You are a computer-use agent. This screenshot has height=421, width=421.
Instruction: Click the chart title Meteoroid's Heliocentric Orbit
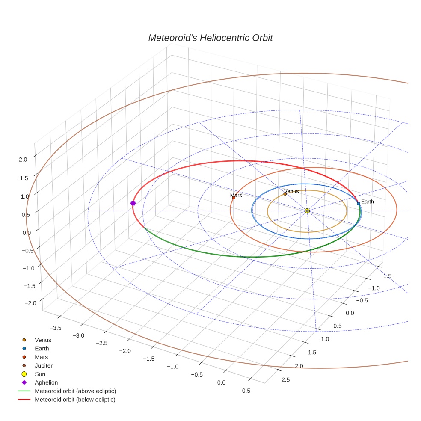[210, 38]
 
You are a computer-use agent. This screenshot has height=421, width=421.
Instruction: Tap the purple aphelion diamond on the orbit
[133, 203]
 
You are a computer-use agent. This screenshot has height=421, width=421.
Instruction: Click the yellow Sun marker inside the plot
[307, 210]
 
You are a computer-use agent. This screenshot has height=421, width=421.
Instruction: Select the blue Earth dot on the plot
[359, 204]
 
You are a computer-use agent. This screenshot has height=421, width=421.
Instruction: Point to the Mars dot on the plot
[234, 198]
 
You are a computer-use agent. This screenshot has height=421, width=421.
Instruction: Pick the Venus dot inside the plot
[285, 194]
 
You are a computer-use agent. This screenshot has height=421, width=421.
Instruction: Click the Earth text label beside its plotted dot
[367, 202]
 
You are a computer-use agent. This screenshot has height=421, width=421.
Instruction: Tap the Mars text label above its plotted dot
[236, 196]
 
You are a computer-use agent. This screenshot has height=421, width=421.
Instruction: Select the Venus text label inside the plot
[291, 191]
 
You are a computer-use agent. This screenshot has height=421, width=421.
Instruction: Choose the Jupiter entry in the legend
[44, 366]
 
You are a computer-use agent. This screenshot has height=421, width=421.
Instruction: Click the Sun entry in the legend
[40, 374]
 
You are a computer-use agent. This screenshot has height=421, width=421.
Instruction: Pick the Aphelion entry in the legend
[46, 382]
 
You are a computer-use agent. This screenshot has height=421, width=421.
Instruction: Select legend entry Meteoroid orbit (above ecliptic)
[75, 391]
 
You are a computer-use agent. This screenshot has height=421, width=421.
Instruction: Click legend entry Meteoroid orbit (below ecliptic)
[75, 400]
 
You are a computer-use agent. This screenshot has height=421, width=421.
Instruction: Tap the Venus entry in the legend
[43, 340]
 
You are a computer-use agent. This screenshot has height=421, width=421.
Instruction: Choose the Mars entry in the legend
[41, 357]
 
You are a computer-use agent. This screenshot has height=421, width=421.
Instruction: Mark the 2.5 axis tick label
[285, 379]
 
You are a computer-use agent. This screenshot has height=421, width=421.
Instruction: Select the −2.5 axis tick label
[101, 344]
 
